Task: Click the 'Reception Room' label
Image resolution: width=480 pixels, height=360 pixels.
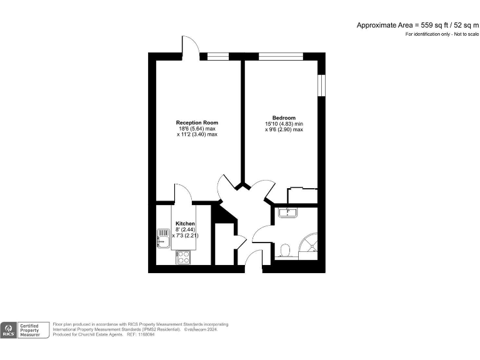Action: click(x=197, y=122)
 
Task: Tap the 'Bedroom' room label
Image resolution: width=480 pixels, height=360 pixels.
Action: click(x=284, y=117)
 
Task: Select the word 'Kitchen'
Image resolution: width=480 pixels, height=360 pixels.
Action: click(x=185, y=224)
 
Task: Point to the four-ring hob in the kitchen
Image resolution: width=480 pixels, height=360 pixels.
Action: click(x=183, y=257)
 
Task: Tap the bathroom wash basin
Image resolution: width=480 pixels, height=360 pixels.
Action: click(x=288, y=213)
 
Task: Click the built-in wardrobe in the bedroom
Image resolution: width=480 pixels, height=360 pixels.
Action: click(x=302, y=195)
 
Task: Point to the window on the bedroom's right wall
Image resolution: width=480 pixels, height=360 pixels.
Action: click(x=321, y=86)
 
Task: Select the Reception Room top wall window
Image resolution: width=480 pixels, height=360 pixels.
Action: click(x=218, y=56)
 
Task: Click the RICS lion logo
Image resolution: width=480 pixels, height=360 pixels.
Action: click(x=9, y=329)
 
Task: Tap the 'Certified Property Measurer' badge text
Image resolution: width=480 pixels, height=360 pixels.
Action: click(x=34, y=330)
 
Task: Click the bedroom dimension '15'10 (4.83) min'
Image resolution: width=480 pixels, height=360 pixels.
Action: click(x=284, y=124)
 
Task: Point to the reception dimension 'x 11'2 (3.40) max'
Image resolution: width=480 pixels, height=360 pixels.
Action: click(x=197, y=134)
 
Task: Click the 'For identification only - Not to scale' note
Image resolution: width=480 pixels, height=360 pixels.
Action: click(x=441, y=34)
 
